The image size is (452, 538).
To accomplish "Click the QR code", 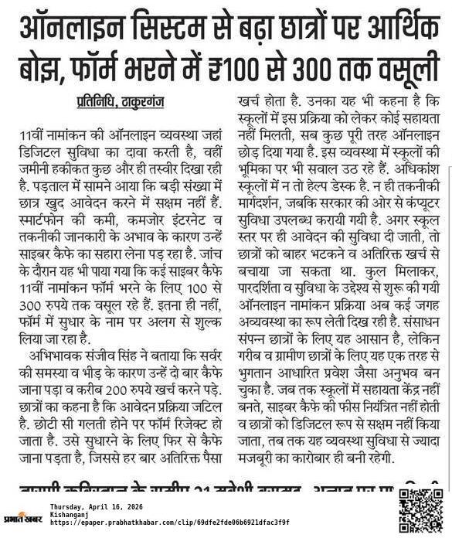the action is click(x=420, y=511).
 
